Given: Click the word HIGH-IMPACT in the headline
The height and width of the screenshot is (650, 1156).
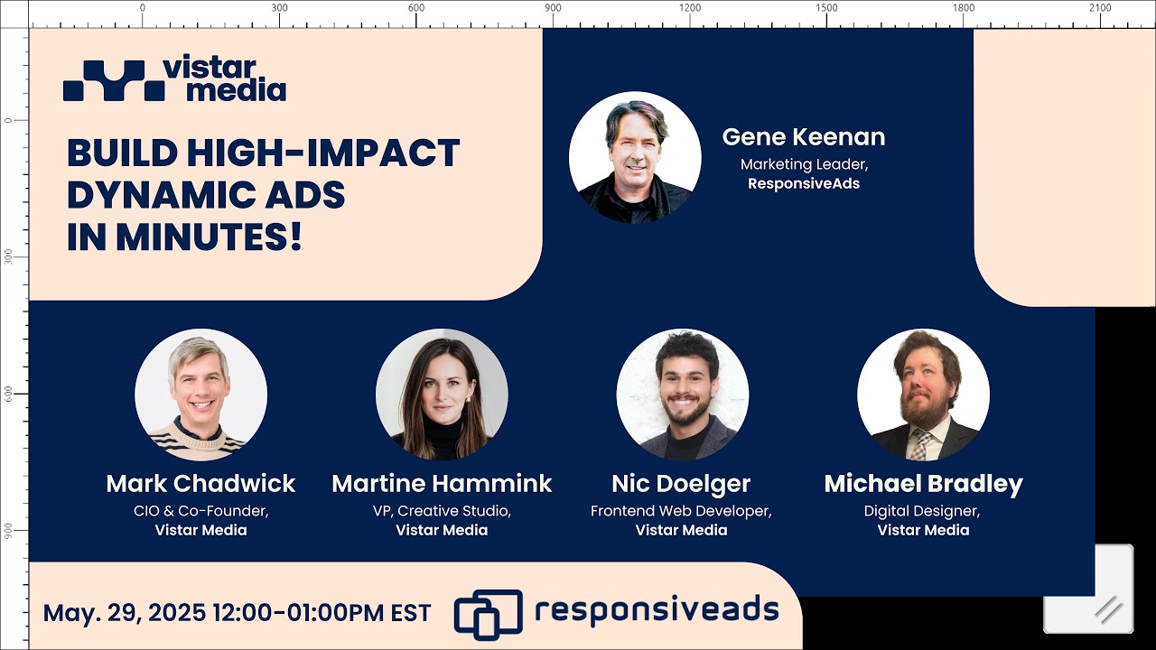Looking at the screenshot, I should coord(333,153).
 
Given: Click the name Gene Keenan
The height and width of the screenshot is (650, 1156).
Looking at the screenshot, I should coord(803,137).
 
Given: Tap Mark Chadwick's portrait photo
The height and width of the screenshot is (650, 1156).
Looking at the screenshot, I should coord(200,395).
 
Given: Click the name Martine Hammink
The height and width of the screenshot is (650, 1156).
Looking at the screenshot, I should coord(442,484).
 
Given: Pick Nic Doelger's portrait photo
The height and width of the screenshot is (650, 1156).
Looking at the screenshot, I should coord(682,395).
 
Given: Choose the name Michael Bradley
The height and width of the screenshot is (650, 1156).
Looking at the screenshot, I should coord(923,484).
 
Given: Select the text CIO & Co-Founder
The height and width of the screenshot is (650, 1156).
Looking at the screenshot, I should coord(200,511).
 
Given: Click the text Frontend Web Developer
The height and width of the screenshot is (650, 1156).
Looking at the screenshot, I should coord(681,511).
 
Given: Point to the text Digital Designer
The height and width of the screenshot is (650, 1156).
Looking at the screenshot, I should coord(922,511).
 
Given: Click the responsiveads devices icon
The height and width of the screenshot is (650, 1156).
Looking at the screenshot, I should coord(488,614).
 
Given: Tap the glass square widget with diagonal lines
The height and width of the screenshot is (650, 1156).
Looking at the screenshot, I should coord(1088,588).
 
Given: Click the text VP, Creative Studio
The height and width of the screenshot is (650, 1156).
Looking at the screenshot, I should coord(442,511).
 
